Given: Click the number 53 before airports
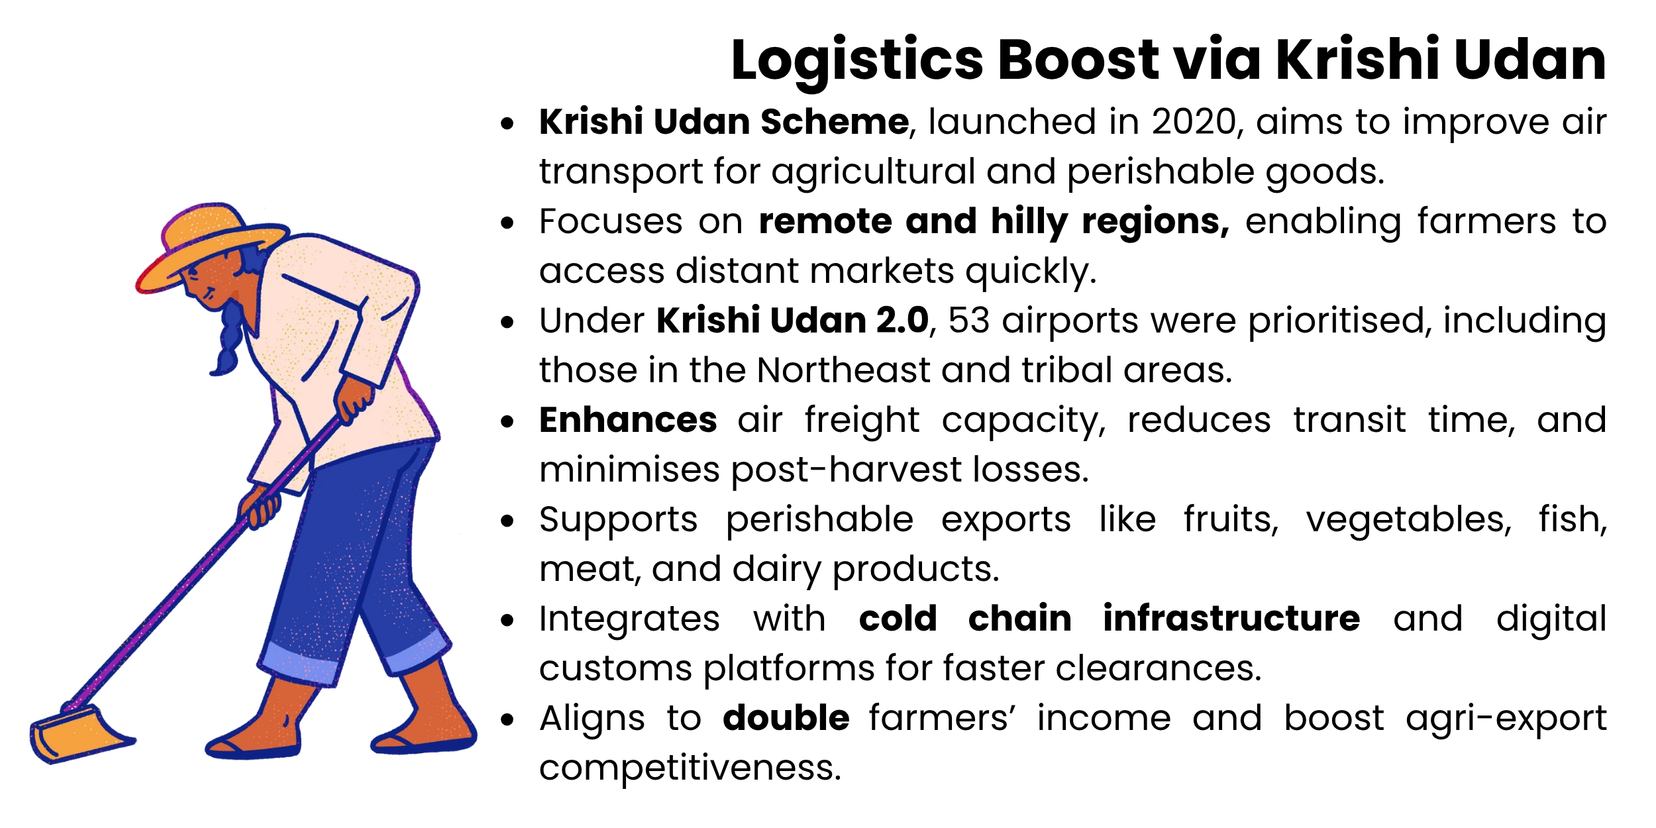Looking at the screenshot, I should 968,321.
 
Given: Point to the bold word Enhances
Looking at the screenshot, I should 628,421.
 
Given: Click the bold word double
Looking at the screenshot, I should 786,719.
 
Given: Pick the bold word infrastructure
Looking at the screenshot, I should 1231,619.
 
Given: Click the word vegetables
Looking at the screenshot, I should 1409,520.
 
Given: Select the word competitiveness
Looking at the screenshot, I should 690,768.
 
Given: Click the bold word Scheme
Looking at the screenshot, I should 835,123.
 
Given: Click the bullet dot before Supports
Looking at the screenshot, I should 507,521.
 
